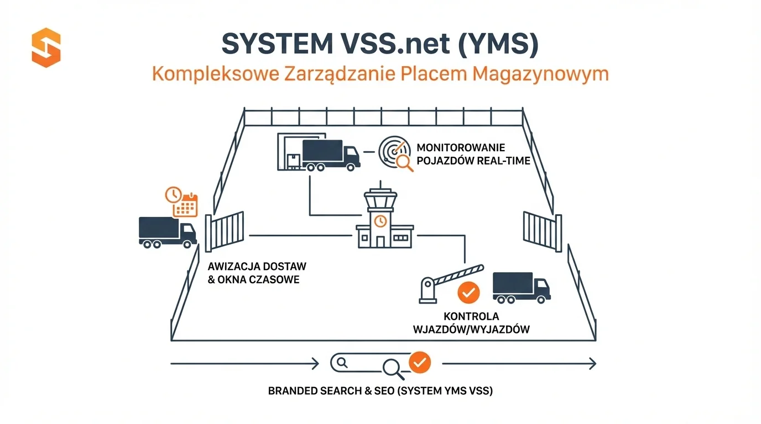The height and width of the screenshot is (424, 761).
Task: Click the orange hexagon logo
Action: coord(46,47)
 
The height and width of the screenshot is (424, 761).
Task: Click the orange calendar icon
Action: coord(186,205)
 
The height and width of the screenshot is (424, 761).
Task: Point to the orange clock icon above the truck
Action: coord(173,194)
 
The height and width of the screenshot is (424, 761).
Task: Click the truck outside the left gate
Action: coord(167,231)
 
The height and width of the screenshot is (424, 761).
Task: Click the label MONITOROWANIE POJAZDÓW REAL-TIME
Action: coord(473,155)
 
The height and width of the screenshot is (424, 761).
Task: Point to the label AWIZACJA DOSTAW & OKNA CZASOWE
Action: coord(257,273)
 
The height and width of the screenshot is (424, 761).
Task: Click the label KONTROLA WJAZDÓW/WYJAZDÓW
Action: coord(471,323)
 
